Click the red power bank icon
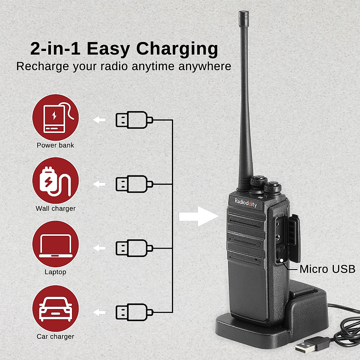pyautogui.click(x=55, y=118)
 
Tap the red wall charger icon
pyautogui.click(x=55, y=181)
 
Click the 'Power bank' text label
pyautogui.click(x=55, y=145)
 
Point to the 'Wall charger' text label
pyautogui.click(x=55, y=208)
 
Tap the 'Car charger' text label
pyautogui.click(x=55, y=336)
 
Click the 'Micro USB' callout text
pyautogui.click(x=327, y=269)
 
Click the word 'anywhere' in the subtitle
pyautogui.click(x=205, y=66)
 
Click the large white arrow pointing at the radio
pyautogui.click(x=198, y=216)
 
